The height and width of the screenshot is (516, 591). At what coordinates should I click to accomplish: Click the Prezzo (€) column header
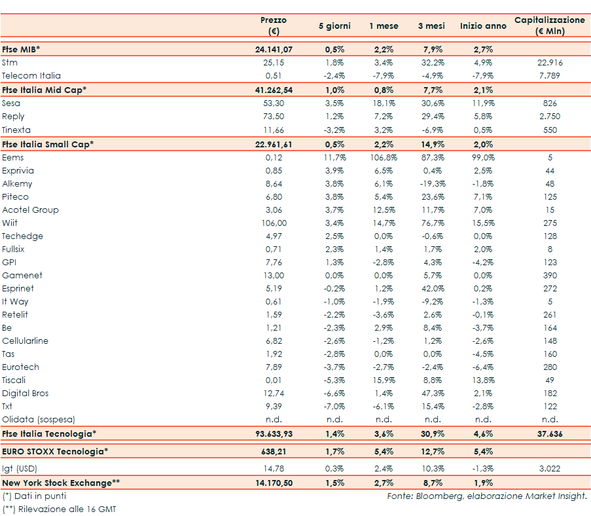pyautogui.click(x=274, y=26)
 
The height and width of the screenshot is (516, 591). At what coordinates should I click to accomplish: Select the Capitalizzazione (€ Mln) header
pyautogui.click(x=550, y=26)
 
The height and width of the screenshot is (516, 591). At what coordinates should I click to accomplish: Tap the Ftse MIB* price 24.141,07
pyautogui.click(x=274, y=49)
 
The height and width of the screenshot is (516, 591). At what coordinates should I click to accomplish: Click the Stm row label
pyautogui.click(x=10, y=63)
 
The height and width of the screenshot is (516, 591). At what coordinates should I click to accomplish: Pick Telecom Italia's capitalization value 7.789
pyautogui.click(x=550, y=76)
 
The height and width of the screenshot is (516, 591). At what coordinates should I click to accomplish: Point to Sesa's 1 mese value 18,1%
pyautogui.click(x=384, y=103)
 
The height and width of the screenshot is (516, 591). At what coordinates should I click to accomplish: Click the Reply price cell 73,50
pyautogui.click(x=274, y=116)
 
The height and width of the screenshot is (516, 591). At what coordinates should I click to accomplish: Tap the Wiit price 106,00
pyautogui.click(x=274, y=223)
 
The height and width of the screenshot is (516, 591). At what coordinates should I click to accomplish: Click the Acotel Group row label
pyautogui.click(x=30, y=210)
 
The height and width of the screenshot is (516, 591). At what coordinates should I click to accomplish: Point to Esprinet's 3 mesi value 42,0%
pyautogui.click(x=433, y=289)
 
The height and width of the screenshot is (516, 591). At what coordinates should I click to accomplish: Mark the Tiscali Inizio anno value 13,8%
pyautogui.click(x=483, y=380)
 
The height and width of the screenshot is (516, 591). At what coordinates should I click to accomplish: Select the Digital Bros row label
pyautogui.click(x=26, y=394)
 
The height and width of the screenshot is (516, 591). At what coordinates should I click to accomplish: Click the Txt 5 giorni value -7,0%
pyautogui.click(x=334, y=407)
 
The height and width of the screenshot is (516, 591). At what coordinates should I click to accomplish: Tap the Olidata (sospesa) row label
pyautogui.click(x=39, y=420)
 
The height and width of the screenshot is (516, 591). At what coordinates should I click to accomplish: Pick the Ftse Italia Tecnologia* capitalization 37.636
pyautogui.click(x=550, y=433)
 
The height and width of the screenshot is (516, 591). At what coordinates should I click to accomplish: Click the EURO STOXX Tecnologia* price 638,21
pyautogui.click(x=274, y=451)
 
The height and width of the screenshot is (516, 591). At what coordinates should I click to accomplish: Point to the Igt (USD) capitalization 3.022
pyautogui.click(x=550, y=468)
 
